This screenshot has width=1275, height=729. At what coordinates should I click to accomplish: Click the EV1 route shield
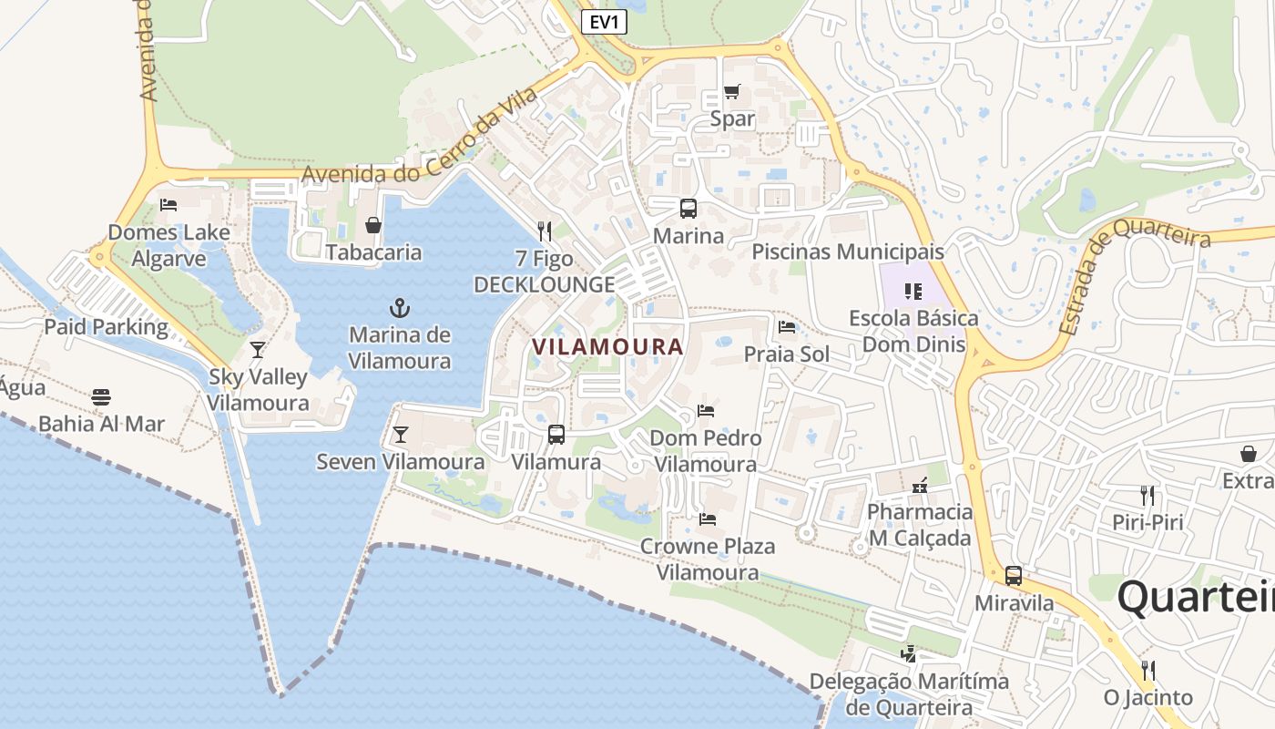604,23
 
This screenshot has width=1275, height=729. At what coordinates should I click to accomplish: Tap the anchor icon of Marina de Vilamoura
399,307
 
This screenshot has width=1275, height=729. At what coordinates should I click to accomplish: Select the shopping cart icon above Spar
731,91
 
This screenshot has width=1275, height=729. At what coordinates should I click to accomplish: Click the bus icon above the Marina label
688,208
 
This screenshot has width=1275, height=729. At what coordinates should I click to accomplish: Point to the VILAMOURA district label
607,347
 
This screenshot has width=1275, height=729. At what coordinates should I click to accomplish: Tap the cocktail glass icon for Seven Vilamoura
400,435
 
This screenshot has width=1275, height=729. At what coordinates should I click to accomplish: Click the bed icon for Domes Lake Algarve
168,204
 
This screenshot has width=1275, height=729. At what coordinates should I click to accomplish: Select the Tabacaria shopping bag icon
372,225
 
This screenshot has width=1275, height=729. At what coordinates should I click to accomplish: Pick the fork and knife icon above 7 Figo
545,231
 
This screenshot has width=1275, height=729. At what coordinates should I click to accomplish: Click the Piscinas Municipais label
848,252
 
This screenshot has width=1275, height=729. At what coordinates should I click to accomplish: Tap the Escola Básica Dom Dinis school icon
913,292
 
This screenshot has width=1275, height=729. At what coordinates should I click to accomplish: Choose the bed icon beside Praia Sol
787,326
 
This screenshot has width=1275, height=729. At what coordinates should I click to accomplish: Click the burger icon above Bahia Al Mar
101,396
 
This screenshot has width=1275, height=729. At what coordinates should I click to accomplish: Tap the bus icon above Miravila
1013,576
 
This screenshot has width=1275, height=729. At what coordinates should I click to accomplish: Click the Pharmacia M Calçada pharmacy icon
920,485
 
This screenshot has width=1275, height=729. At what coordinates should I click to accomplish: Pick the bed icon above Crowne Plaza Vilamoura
707,519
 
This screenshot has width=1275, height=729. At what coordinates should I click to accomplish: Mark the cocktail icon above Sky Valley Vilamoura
258,349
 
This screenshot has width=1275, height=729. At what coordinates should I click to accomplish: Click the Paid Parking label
107,327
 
